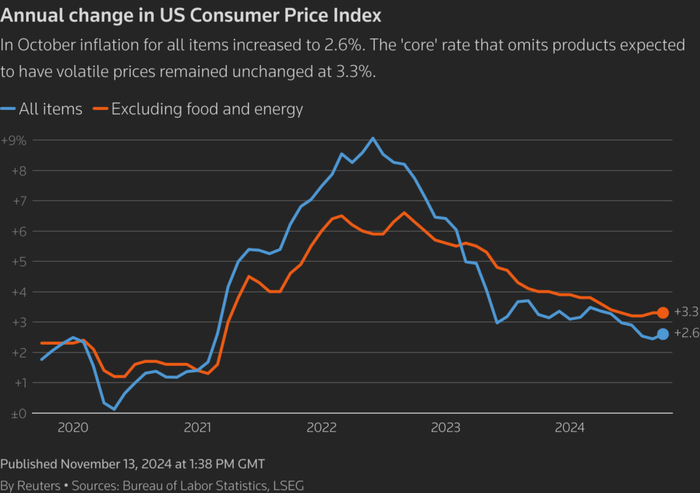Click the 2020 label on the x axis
(73, 428)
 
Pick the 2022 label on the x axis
(321, 428)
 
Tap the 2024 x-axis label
(569, 428)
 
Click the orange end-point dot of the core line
(662, 312)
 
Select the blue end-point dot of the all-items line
(662, 334)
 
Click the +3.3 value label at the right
(686, 312)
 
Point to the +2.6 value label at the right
(686, 334)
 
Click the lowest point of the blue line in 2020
(113, 409)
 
